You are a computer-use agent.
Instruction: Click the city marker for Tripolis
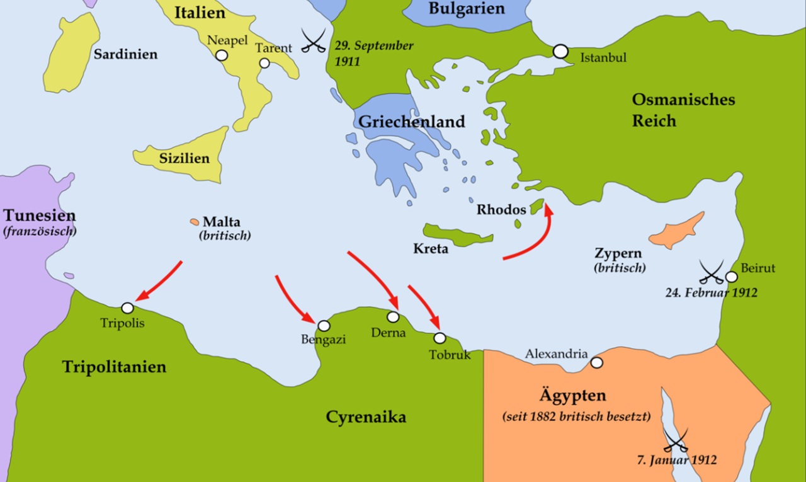coord(127,308)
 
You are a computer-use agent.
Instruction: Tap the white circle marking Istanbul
coord(560,51)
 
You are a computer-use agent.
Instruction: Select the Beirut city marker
coord(731,277)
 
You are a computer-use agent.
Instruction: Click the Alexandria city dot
coord(596,363)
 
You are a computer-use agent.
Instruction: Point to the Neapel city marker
coord(221,55)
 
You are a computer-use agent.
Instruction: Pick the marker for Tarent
coord(264,63)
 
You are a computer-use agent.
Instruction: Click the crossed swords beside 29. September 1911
coord(314,40)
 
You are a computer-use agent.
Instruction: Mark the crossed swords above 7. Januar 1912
coord(676,440)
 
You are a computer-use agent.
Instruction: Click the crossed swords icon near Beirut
coord(711,272)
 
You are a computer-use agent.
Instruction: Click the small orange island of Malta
coord(194,222)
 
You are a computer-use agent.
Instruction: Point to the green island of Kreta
coord(457,234)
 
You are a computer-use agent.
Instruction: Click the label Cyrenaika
coord(366,416)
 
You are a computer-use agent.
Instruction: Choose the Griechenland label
coord(412,121)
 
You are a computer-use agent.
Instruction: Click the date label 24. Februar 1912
coord(712,292)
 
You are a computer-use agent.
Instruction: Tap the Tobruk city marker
coord(440,338)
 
